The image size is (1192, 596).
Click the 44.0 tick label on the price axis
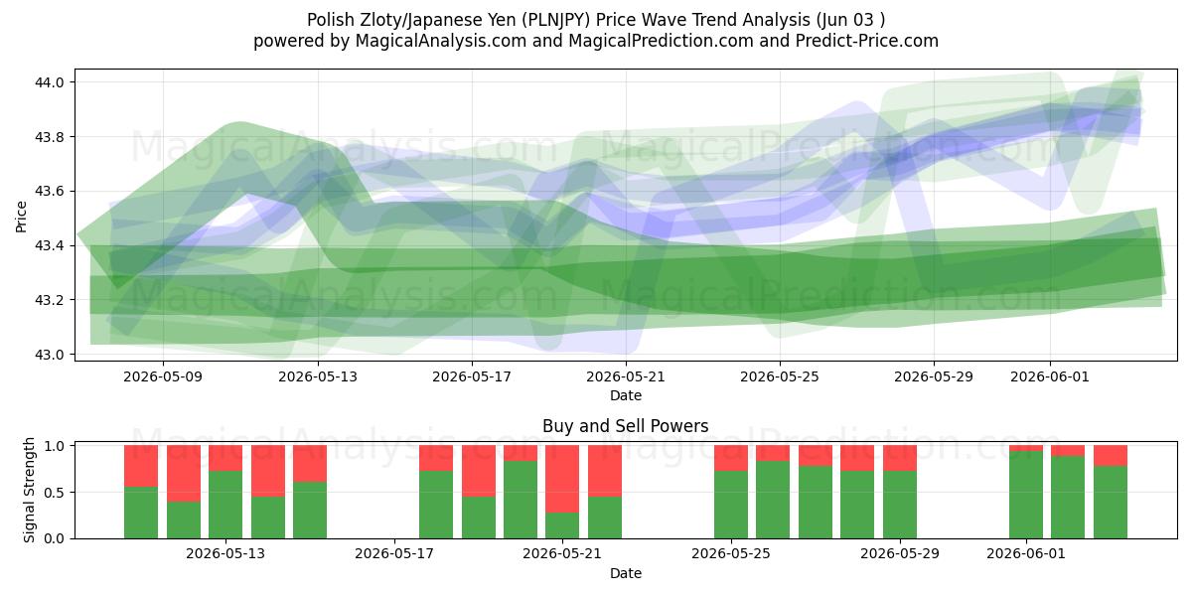click(x=49, y=82)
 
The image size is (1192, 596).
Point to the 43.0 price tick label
click(x=49, y=355)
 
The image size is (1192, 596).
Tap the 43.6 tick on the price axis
click(x=49, y=191)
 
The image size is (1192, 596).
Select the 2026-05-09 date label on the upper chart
click(x=163, y=376)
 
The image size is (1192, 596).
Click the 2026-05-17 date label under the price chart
click(x=472, y=376)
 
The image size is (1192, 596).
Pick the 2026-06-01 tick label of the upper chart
click(x=1049, y=376)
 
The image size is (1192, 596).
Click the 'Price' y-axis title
click(x=21, y=217)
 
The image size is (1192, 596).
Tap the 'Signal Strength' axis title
click(x=29, y=490)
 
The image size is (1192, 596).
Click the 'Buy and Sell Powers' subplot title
click(x=625, y=426)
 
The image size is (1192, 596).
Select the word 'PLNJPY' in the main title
click(x=555, y=20)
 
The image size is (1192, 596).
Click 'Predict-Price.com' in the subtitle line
click(x=867, y=41)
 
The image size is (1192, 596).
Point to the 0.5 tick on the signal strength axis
click(x=54, y=493)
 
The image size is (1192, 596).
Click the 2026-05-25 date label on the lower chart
click(x=731, y=553)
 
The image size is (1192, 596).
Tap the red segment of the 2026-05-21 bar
click(x=562, y=479)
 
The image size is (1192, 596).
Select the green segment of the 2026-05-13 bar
click(x=225, y=505)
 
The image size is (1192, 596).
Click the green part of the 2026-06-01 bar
click(x=1026, y=495)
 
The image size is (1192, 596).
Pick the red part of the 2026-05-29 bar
click(x=900, y=458)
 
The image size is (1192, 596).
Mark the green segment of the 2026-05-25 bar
click(x=731, y=505)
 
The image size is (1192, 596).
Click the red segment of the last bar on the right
click(x=1111, y=456)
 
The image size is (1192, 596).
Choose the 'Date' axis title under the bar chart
click(x=625, y=573)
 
